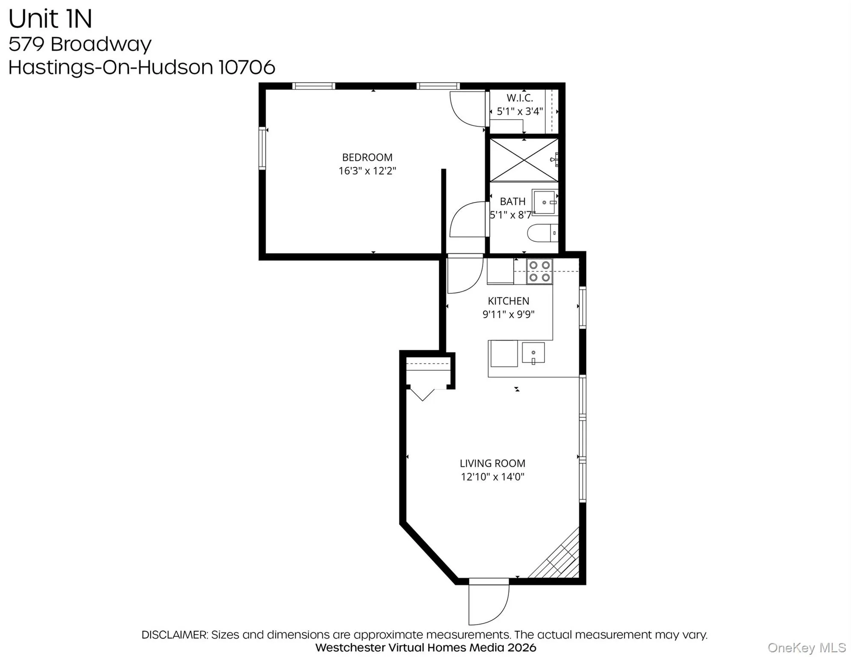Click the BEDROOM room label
[x=367, y=157]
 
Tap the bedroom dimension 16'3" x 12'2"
[x=367, y=171]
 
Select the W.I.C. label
[x=520, y=98]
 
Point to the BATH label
[x=512, y=201]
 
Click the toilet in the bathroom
[x=542, y=233]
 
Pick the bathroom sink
[x=545, y=202]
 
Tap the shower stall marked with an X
[x=524, y=160]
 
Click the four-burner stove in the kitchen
[x=539, y=272]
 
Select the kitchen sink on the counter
[x=533, y=353]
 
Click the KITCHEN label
[x=508, y=301]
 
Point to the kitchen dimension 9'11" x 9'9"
[x=508, y=314]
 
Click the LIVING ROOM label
[x=492, y=463]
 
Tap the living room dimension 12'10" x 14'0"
[x=492, y=477]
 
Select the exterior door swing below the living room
[x=488, y=603]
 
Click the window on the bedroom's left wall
[x=262, y=148]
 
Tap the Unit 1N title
[x=50, y=19]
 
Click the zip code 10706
[x=247, y=67]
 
